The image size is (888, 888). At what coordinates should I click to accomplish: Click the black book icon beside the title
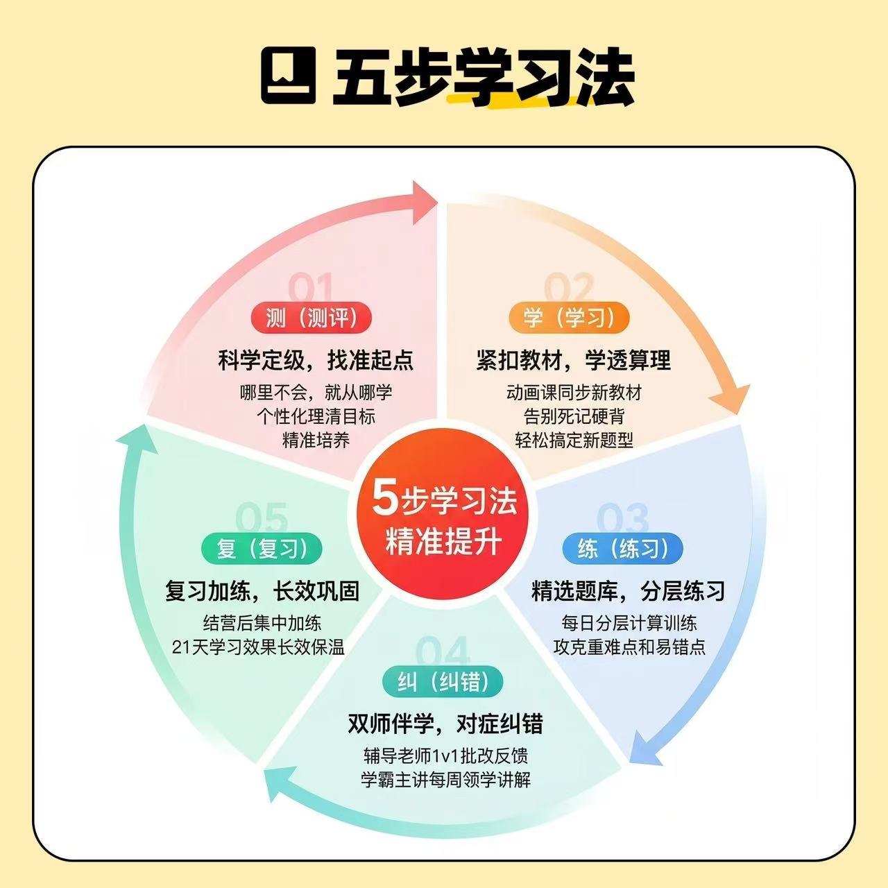pos(289,75)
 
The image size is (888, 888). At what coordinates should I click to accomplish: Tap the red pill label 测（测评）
pos(311,318)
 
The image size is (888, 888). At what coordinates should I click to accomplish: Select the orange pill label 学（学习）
pos(569,318)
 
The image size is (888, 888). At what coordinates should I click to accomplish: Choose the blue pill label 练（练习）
pos(622,548)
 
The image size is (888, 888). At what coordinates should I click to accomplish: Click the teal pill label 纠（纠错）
pos(443,681)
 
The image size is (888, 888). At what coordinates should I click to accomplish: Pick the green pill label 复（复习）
pos(262,548)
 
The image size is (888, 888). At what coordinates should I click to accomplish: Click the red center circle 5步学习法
pos(444,518)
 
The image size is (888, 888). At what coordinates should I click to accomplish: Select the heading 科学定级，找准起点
pos(316,360)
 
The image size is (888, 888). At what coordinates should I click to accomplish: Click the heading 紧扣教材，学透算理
pos(573,360)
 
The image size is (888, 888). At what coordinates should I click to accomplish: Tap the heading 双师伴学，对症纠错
pos(445,724)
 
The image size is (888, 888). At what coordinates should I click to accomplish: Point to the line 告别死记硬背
pos(574,416)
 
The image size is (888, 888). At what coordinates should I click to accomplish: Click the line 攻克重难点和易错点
pos(629,647)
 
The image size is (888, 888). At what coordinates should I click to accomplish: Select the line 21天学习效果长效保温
pos(259,647)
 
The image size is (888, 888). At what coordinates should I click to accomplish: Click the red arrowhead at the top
pos(425,203)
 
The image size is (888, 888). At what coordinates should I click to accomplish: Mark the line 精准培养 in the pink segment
pos(316,440)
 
